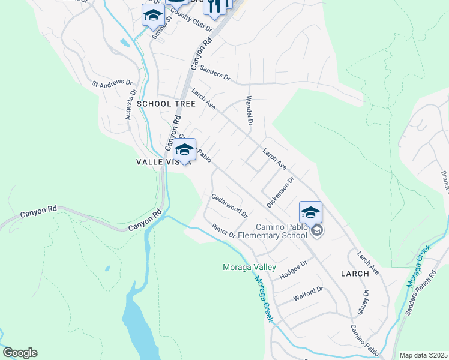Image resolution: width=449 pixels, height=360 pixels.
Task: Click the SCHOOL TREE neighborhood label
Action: click(x=166, y=104)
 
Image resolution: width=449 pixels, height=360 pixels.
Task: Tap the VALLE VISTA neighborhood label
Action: click(x=163, y=161)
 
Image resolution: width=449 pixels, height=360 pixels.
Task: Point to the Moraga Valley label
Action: click(x=249, y=267)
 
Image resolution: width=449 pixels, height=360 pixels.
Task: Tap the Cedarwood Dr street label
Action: click(x=229, y=205)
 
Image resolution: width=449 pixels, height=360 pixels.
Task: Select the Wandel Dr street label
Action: click(x=249, y=112)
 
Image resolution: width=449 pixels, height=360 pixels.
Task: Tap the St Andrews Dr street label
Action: click(x=112, y=82)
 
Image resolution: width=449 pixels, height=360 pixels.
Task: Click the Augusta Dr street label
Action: click(x=131, y=106)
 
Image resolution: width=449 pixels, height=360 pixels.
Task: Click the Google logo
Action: click(x=20, y=353)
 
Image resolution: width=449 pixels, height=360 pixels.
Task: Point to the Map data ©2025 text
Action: click(x=423, y=355)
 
